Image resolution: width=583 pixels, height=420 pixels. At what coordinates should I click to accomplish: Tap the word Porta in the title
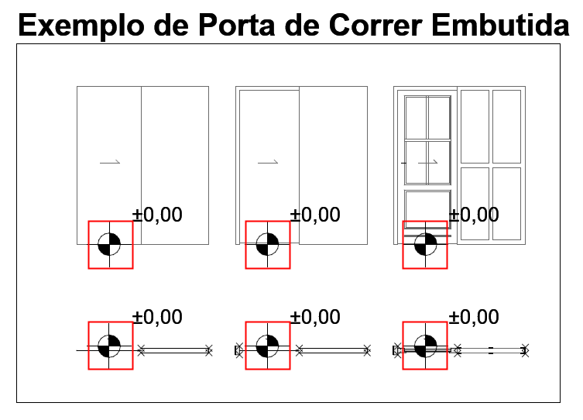tap(236, 25)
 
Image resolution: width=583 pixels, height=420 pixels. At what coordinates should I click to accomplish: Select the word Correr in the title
tap(376, 25)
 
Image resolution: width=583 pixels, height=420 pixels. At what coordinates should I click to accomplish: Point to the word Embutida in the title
tap(500, 25)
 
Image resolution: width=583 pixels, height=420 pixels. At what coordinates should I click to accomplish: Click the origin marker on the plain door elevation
tap(109, 244)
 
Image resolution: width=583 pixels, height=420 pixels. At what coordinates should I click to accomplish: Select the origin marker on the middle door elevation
tap(267, 244)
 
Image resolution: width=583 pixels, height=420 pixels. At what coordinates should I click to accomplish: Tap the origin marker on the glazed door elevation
tap(425, 244)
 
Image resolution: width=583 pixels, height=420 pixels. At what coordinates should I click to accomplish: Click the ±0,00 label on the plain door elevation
tap(157, 215)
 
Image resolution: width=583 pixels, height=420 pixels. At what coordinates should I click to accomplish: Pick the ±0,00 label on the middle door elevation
tap(315, 215)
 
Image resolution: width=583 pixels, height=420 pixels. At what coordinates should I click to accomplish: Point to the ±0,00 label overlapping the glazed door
tap(474, 215)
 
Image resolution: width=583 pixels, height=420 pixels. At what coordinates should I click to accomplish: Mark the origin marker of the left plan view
tap(109, 346)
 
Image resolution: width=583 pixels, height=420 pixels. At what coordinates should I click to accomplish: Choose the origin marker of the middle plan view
tap(267, 346)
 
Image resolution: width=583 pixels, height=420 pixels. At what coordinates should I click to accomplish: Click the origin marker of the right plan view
tap(425, 346)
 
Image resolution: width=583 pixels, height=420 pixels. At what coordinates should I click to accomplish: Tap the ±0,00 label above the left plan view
tap(157, 317)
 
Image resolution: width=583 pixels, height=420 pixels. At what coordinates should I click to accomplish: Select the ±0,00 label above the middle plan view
tap(315, 317)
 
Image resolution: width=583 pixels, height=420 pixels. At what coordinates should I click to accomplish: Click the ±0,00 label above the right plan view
tap(474, 317)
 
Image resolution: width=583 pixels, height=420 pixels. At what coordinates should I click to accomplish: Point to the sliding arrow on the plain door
tap(110, 163)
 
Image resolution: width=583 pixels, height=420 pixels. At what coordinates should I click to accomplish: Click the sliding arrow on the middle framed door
tap(268, 163)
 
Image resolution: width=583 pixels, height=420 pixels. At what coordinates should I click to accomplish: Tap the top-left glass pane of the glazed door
tap(416, 118)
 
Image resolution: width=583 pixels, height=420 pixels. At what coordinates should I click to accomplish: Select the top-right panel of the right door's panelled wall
tap(507, 126)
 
